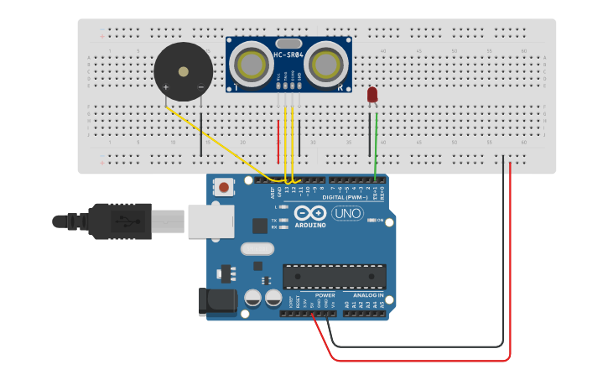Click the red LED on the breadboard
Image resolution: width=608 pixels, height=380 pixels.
click(x=372, y=96)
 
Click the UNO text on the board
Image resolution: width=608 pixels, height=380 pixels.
click(x=347, y=213)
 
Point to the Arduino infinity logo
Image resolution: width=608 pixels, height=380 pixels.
click(x=309, y=214)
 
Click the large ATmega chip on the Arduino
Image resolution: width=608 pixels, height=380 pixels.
click(x=335, y=276)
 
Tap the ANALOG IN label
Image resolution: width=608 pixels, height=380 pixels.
click(x=368, y=295)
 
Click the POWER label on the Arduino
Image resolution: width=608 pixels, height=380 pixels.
click(x=325, y=295)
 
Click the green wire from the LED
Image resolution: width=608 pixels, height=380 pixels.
click(x=376, y=143)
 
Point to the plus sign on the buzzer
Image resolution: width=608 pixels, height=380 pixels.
click(x=165, y=87)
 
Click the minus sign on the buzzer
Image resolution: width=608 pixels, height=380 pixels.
click(x=200, y=87)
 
